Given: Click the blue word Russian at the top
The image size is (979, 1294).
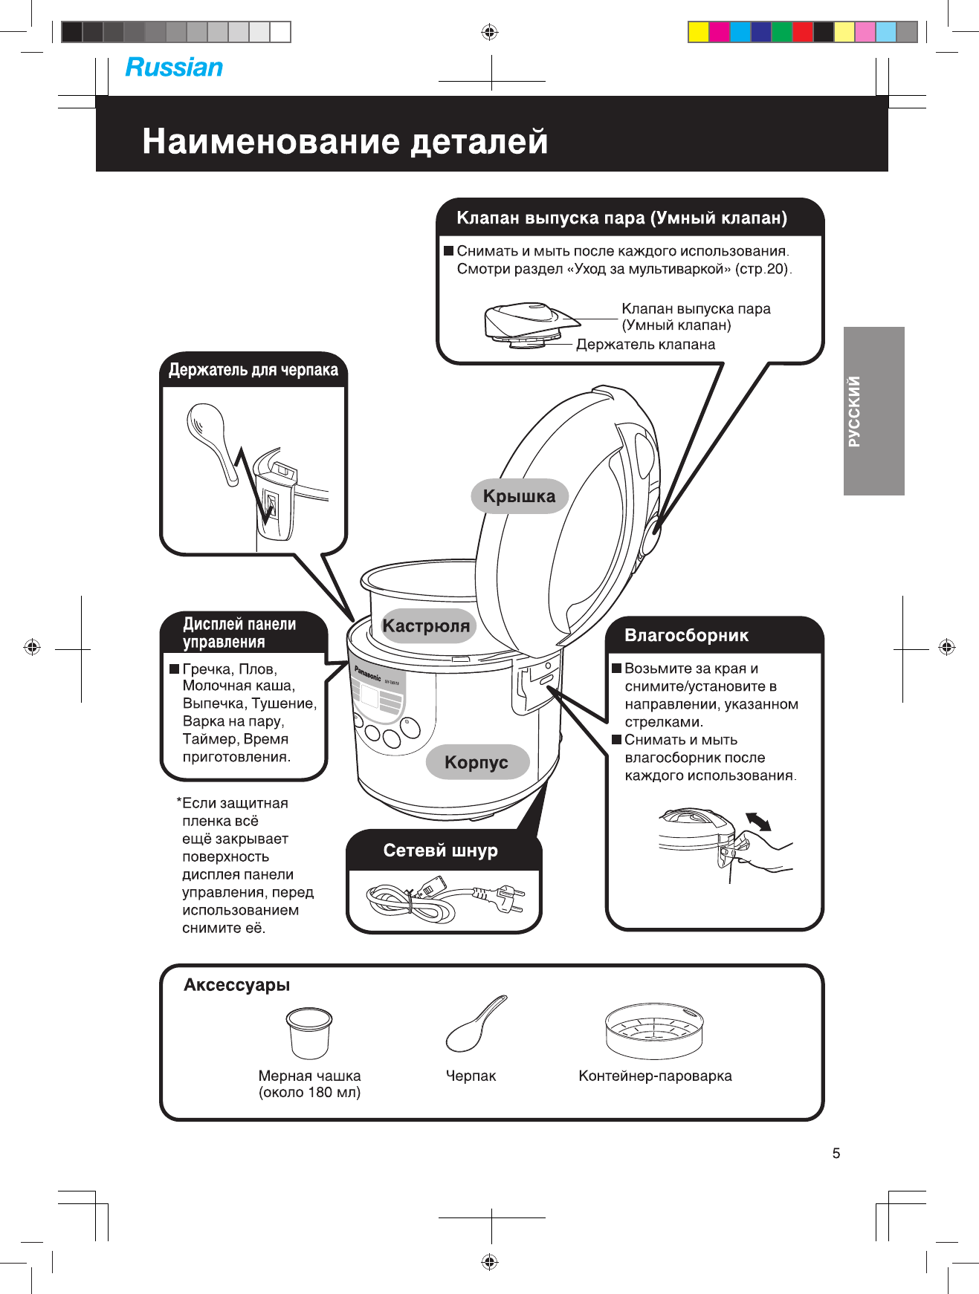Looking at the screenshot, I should [x=174, y=68].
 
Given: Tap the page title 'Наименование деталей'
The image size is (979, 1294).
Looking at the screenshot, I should [x=345, y=140].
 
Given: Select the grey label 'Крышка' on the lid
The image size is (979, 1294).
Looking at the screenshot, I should [x=519, y=496].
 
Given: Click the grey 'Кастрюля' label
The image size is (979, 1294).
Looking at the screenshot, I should [x=426, y=625].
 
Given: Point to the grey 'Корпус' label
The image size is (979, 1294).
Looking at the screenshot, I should [x=476, y=762].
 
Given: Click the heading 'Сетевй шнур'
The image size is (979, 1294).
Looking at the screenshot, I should [x=441, y=851].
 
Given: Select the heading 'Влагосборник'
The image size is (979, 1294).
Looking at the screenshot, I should [x=686, y=635].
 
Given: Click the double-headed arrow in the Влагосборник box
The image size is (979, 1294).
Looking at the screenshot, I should [x=758, y=822].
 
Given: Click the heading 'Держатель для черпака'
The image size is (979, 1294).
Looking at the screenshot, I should [x=253, y=370].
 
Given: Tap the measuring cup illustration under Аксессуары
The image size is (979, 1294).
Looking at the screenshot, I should [x=308, y=1033].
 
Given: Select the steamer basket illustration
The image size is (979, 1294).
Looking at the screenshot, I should [x=654, y=1032].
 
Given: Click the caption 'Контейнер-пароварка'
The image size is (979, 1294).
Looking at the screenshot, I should [x=655, y=1076].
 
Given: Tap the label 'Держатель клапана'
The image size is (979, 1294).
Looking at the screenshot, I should [x=645, y=345].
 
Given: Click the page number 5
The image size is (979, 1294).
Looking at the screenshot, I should [x=836, y=1153].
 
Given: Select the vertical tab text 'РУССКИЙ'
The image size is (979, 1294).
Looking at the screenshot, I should [x=854, y=411].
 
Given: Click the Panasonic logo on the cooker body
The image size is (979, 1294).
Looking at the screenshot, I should [x=368, y=673].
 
